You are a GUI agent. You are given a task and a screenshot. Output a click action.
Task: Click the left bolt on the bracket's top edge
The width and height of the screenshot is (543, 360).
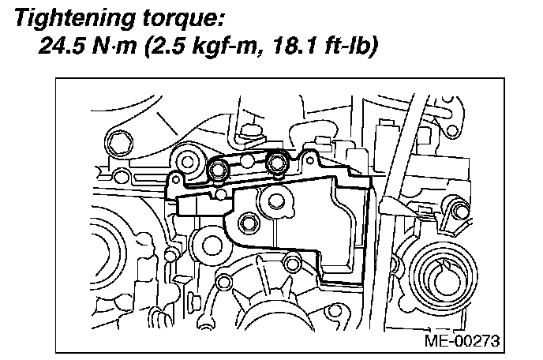[x=221, y=167]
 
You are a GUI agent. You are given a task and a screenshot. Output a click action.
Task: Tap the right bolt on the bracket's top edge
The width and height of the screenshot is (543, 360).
[x=277, y=164]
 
